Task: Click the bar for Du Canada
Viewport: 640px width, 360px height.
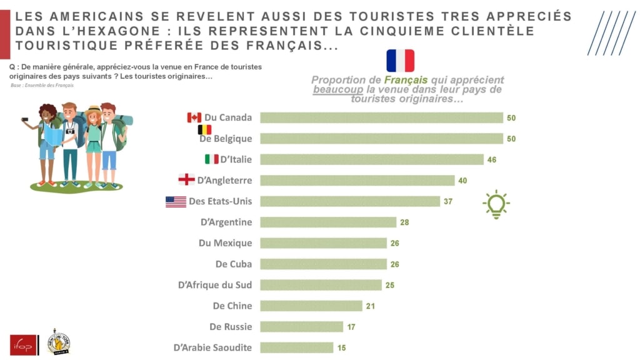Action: coord(381,117)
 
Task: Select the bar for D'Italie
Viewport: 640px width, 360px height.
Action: coord(372,159)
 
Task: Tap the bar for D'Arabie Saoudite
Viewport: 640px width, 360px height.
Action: coord(297,347)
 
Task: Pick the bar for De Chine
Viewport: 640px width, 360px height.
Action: coord(311,306)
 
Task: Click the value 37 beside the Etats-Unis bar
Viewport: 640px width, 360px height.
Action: coord(448,201)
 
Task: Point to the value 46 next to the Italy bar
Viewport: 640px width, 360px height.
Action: coord(492,159)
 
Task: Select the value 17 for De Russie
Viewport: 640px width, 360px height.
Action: coord(351,327)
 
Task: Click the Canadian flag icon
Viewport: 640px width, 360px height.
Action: coord(194,117)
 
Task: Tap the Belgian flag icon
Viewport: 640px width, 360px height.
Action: coord(204,129)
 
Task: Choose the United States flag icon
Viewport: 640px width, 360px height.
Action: coord(176,201)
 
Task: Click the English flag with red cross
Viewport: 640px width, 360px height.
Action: coord(186,180)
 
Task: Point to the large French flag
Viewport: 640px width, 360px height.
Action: coord(400,61)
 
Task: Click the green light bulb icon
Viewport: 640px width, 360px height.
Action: coord(496,204)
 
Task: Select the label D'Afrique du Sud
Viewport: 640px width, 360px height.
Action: coord(215,285)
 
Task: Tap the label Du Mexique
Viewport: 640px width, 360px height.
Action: coord(225,243)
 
